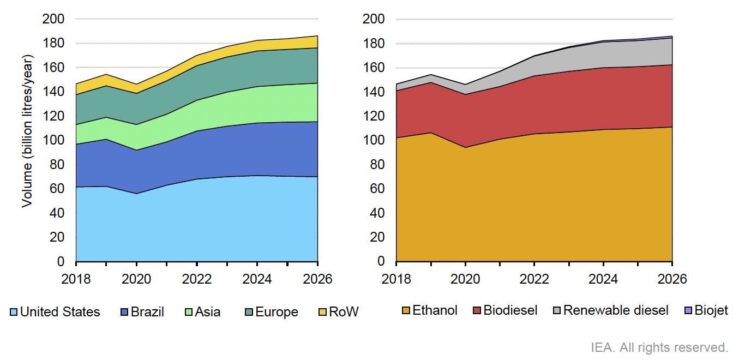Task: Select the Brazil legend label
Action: pyautogui.click(x=147, y=312)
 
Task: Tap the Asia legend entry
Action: pyautogui.click(x=208, y=312)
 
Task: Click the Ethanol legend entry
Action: pyautogui.click(x=435, y=311)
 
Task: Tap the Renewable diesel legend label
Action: pyautogui.click(x=615, y=311)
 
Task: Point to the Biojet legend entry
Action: pyautogui.click(x=711, y=311)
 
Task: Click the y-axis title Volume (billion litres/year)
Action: pyautogui.click(x=27, y=130)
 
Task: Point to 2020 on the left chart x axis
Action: pyautogui.click(x=136, y=279)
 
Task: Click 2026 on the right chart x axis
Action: pyautogui.click(x=672, y=279)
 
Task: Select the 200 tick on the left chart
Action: pyautogui.click(x=53, y=20)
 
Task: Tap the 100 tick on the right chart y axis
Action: pyautogui.click(x=374, y=141)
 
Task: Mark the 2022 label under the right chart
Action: pyautogui.click(x=534, y=279)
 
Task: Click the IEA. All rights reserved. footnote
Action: pyautogui.click(x=659, y=347)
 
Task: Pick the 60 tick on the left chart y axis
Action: pyautogui.click(x=57, y=189)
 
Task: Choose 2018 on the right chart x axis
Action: pyautogui.click(x=396, y=279)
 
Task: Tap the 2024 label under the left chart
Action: pyautogui.click(x=257, y=279)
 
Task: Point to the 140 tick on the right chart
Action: pyautogui.click(x=374, y=92)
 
